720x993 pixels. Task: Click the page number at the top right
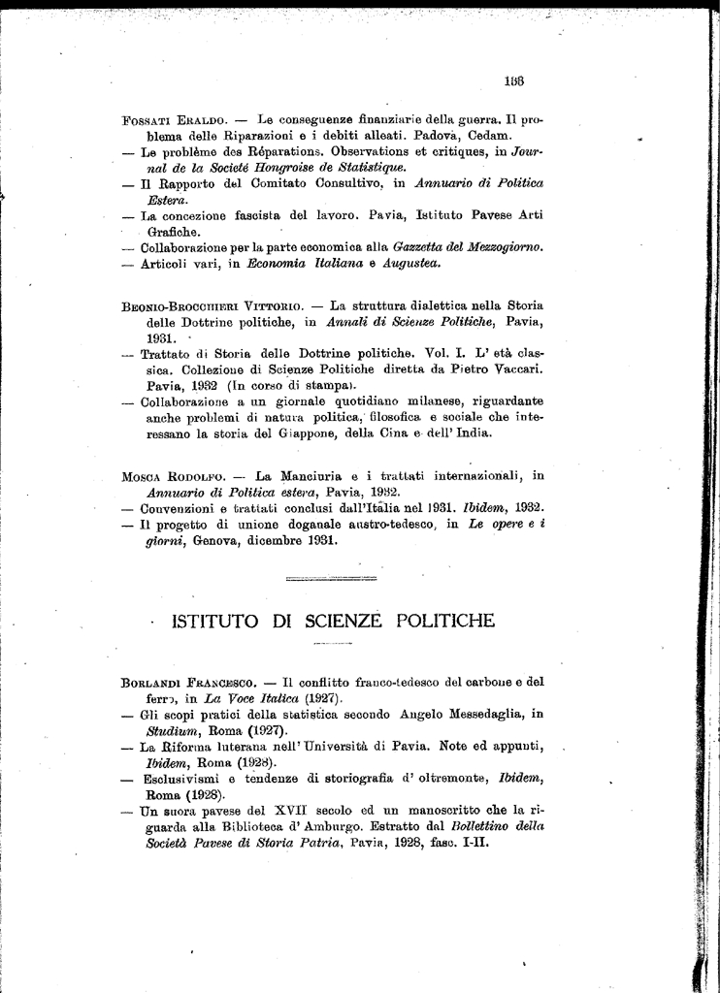[514, 81]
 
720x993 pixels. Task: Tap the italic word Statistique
[313, 168]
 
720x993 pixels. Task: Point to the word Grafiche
[175, 232]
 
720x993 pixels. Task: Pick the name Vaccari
[511, 370]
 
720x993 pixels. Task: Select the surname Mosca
[142, 476]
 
